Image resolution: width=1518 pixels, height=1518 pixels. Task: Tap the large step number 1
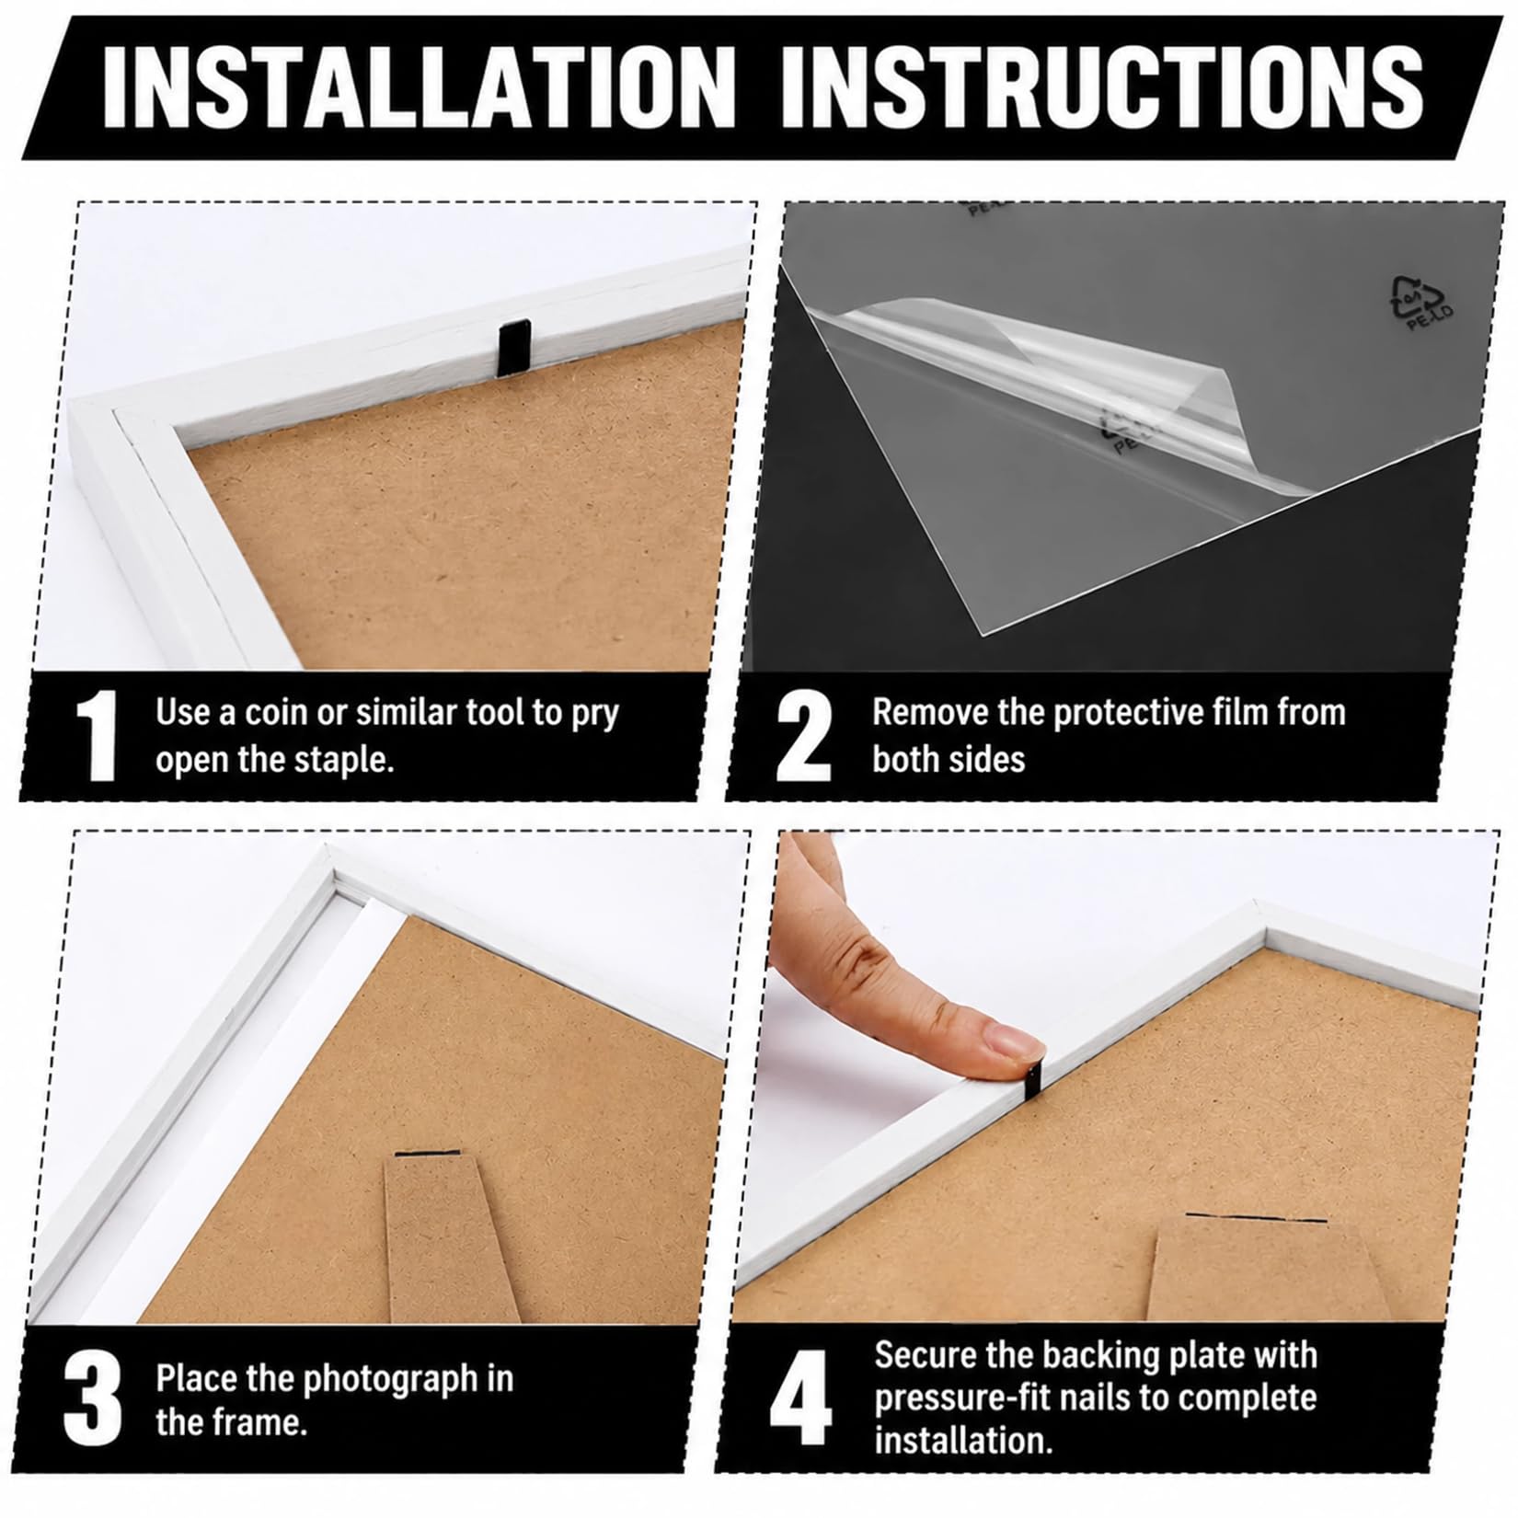pos(97,736)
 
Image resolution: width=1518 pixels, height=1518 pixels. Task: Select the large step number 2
pos(803,736)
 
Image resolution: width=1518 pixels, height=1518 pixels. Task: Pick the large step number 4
pos(800,1399)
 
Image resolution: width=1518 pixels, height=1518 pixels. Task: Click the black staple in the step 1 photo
pos(509,350)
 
